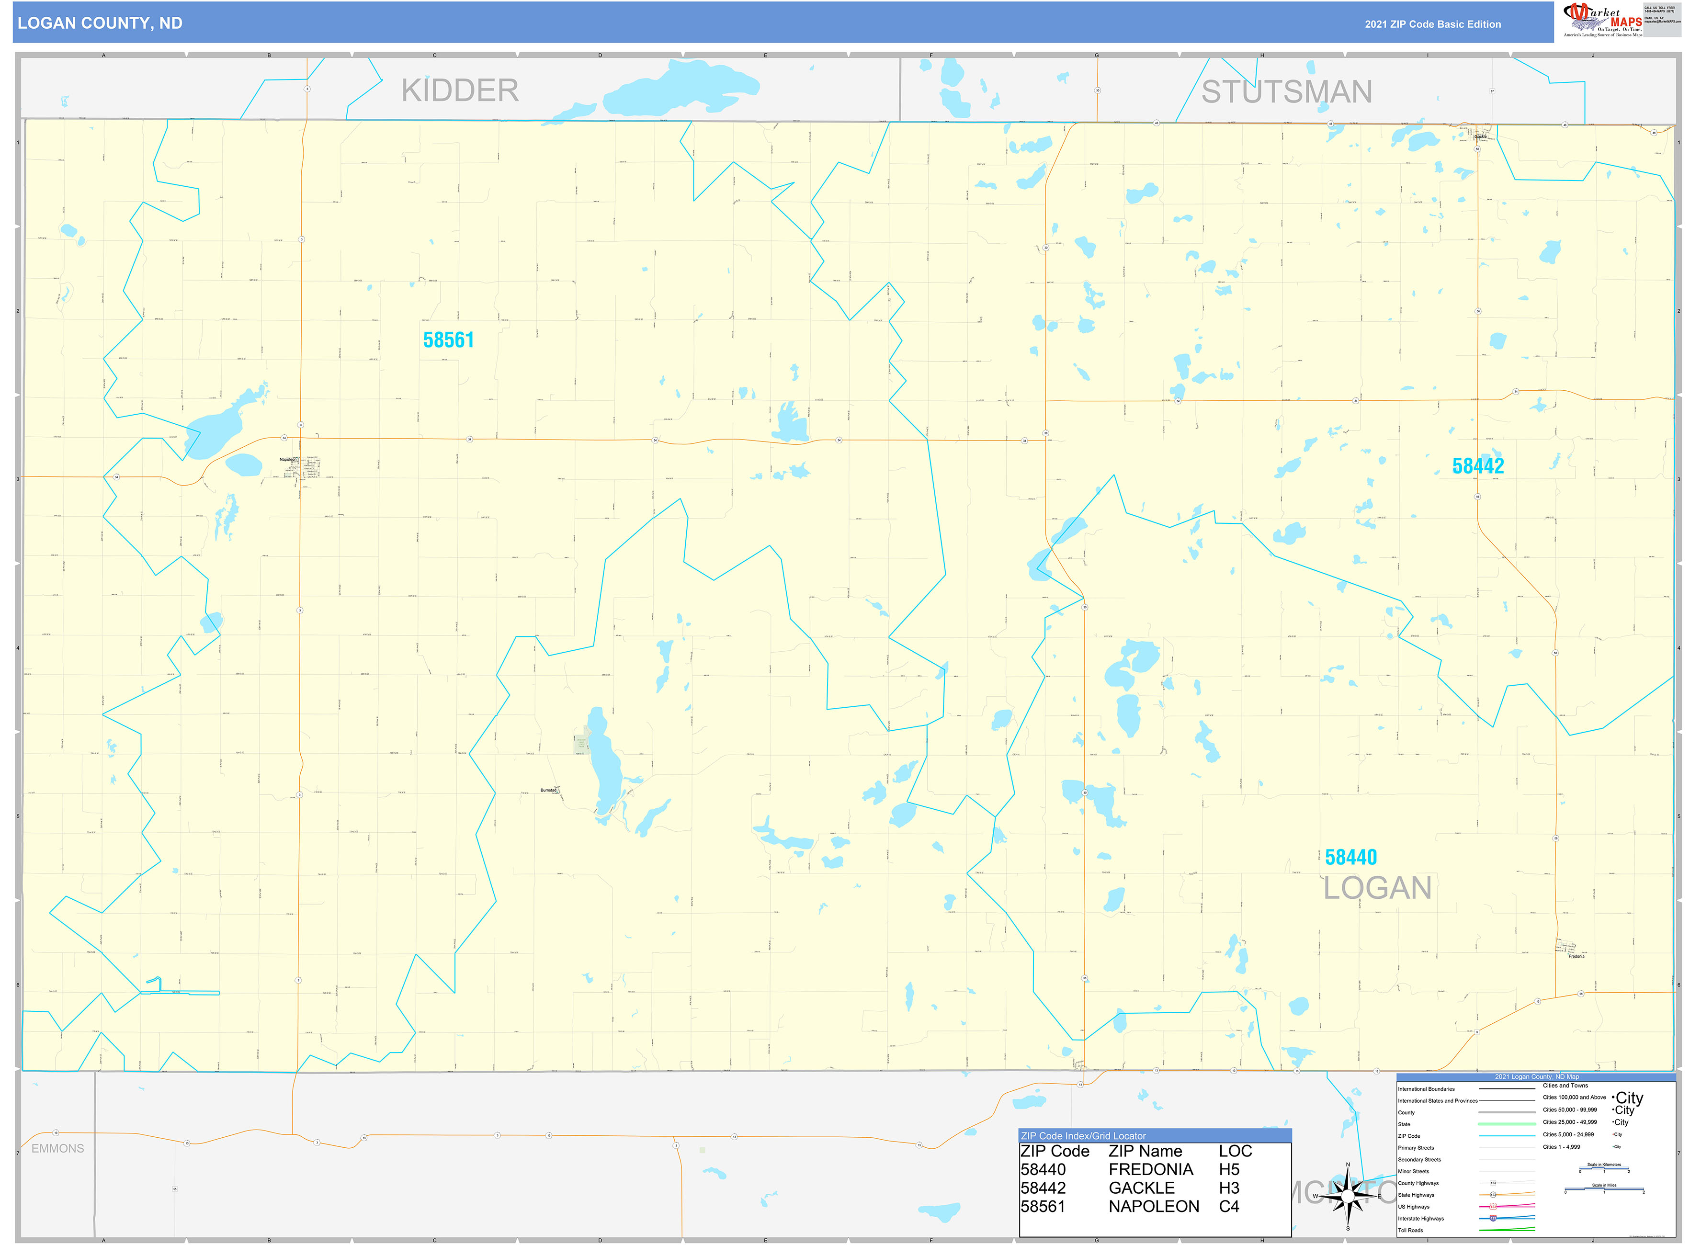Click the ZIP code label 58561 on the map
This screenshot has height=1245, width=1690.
click(449, 340)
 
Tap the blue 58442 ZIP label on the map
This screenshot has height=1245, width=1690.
click(1477, 466)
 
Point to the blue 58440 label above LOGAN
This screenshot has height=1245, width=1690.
click(1351, 858)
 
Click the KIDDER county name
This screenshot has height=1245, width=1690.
click(460, 91)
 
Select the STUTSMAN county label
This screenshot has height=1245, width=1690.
click(1287, 92)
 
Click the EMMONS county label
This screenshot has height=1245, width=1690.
click(58, 1149)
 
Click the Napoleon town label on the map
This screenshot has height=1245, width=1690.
click(288, 459)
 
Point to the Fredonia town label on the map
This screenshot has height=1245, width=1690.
click(1576, 956)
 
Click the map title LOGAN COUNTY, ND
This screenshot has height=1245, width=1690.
click(100, 23)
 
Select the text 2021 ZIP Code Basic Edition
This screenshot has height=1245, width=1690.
click(1432, 24)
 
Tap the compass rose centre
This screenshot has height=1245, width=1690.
click(1348, 1196)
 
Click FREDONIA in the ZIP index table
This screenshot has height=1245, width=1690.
click(1150, 1170)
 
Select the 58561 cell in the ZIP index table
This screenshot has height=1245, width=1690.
click(1043, 1207)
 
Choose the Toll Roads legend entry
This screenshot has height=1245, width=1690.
click(1410, 1231)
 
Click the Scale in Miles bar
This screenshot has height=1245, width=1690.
click(1604, 1190)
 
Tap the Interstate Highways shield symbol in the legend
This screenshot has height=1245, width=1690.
click(1493, 1218)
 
